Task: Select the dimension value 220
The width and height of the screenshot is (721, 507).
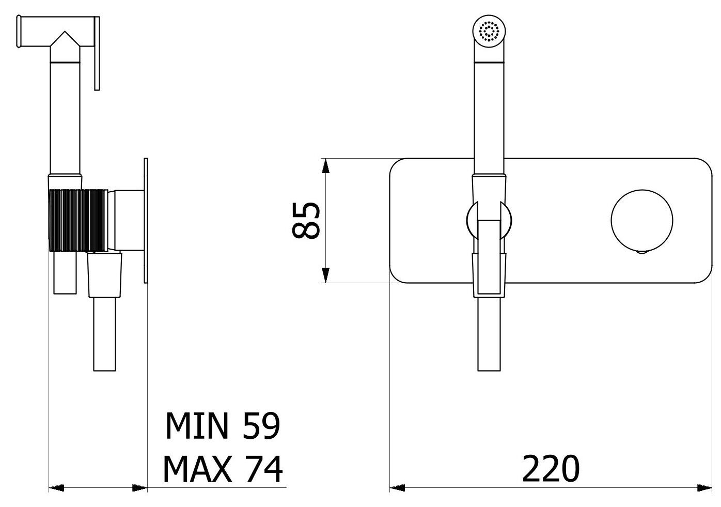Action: click(x=551, y=468)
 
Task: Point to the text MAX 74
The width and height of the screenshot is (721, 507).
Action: click(x=223, y=469)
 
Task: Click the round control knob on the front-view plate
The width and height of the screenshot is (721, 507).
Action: click(x=642, y=220)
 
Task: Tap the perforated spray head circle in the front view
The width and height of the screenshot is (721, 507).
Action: click(x=489, y=31)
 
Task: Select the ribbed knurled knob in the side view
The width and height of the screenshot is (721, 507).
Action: click(x=78, y=220)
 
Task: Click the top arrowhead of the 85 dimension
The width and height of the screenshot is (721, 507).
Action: click(x=326, y=166)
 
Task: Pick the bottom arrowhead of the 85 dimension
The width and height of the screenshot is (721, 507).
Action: click(x=326, y=275)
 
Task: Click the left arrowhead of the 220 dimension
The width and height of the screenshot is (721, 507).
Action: click(x=397, y=488)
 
